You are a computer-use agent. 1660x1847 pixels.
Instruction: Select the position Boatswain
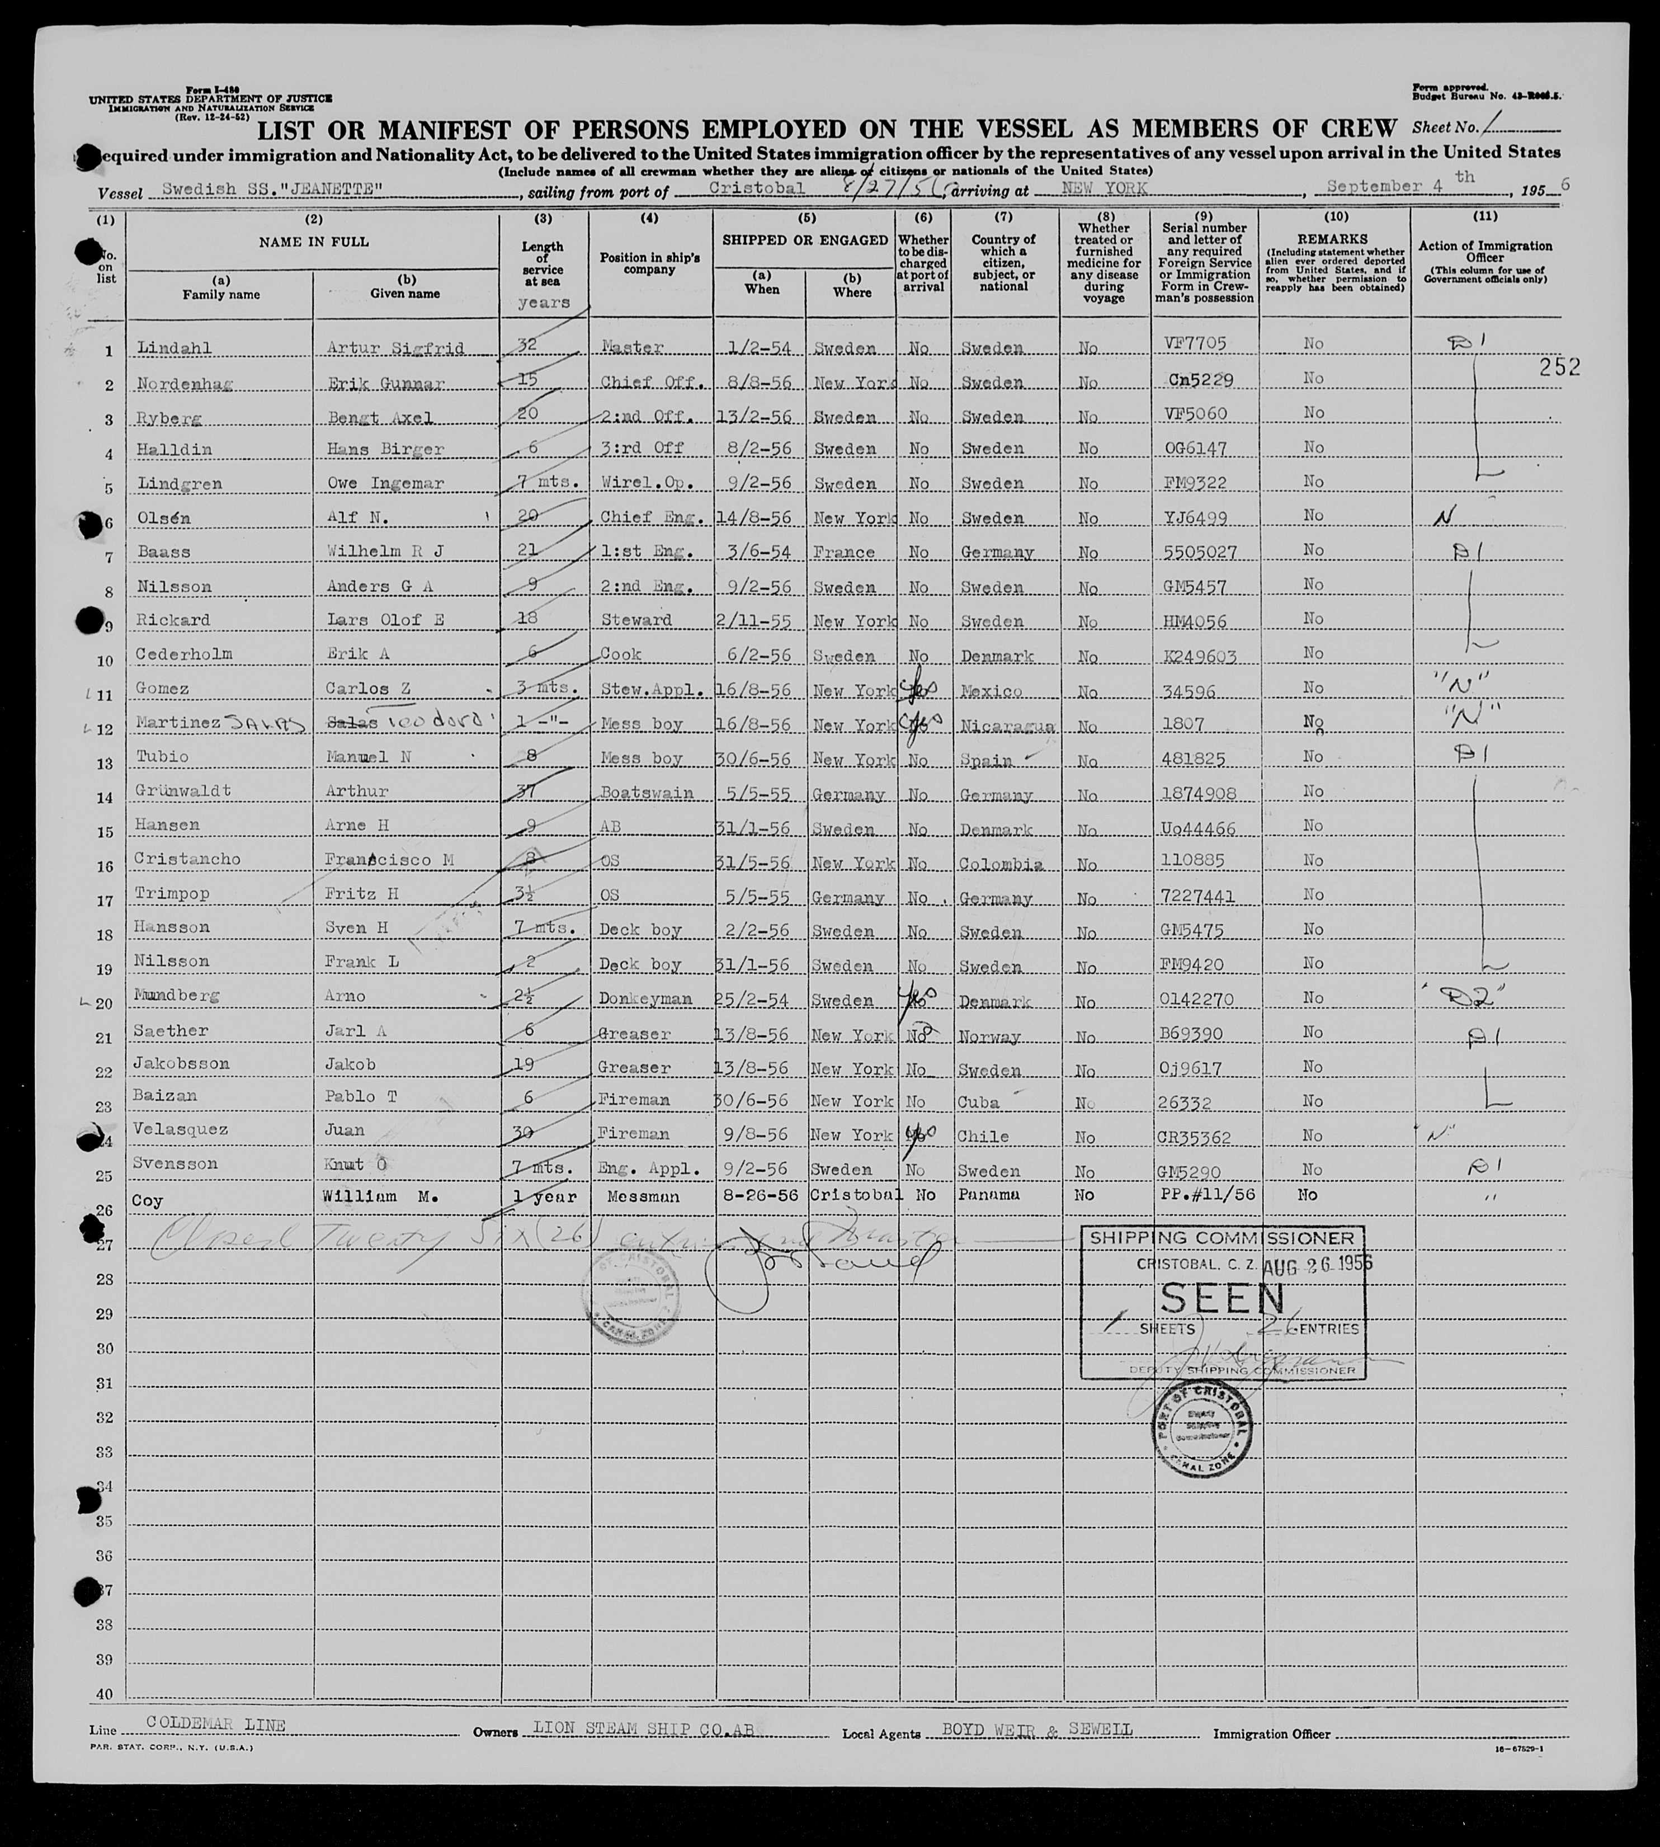click(x=647, y=793)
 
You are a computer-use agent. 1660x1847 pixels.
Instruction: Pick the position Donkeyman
click(x=645, y=999)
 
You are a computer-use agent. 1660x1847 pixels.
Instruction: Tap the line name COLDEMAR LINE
click(x=216, y=1725)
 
